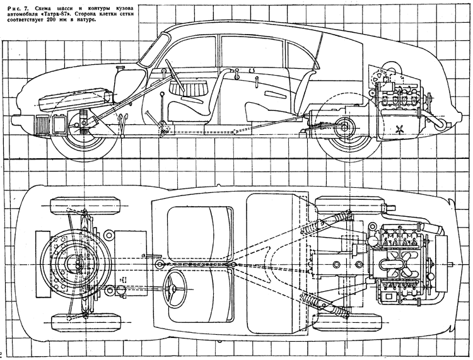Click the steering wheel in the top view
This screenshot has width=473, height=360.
(x=174, y=289)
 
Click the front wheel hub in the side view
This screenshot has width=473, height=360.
(x=76, y=125)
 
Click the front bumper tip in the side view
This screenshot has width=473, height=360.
(x=14, y=120)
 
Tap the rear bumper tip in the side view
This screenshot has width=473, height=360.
(x=459, y=117)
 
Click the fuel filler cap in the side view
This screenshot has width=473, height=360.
(x=120, y=67)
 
